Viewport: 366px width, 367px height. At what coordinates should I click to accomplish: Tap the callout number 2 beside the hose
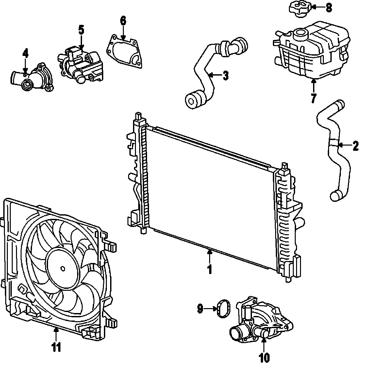coord(356,146)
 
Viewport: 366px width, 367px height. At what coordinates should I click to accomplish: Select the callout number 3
coord(225,76)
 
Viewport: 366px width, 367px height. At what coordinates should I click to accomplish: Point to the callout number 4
coord(25,53)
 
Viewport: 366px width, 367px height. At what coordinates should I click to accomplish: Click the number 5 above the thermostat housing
coord(81,30)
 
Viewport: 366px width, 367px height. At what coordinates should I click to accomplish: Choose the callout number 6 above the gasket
coord(123,21)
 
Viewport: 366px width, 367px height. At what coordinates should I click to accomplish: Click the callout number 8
coord(329,7)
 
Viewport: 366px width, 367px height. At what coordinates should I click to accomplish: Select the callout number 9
coord(200,308)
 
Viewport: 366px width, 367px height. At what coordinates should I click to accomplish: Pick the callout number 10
coord(264,358)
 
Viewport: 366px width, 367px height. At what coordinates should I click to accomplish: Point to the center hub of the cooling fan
coord(63,269)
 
